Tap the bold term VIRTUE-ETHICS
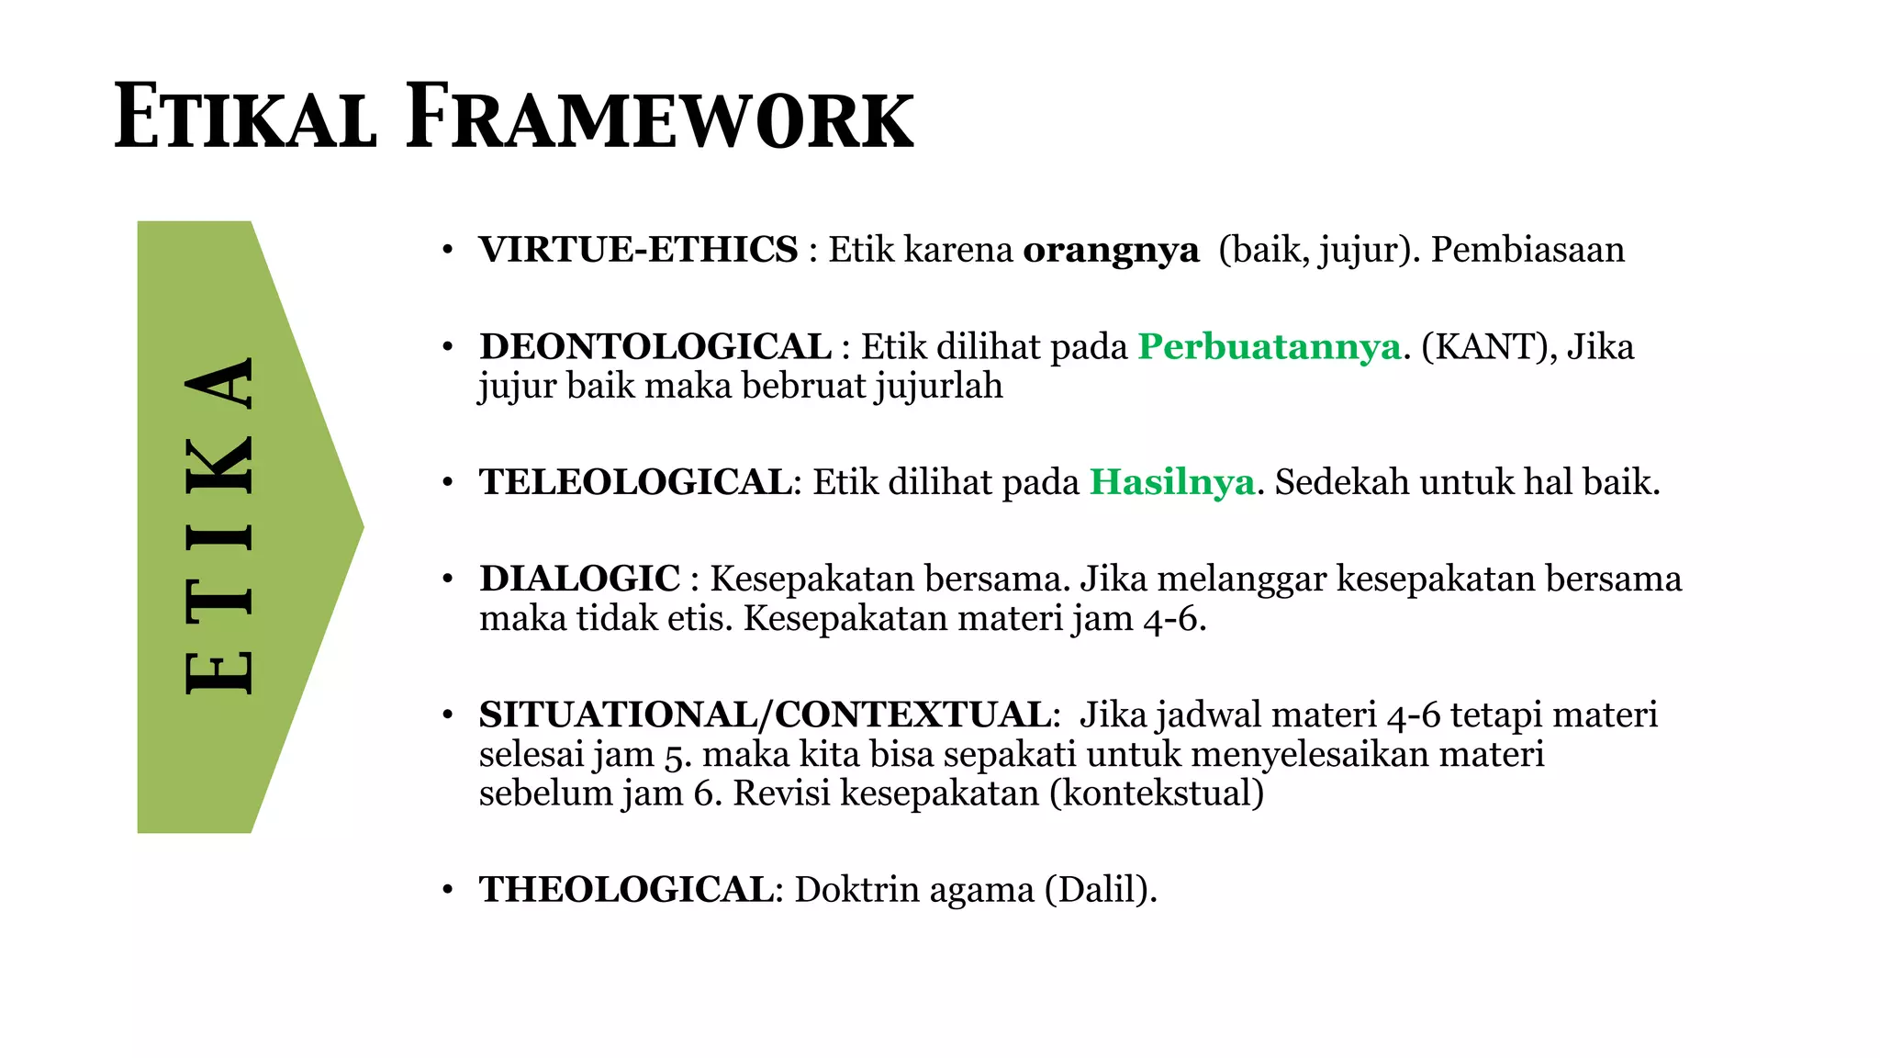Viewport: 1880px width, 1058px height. [638, 250]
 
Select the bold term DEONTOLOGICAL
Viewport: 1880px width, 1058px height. [655, 347]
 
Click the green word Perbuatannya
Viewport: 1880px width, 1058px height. [1270, 347]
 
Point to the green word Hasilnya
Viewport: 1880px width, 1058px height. [1171, 482]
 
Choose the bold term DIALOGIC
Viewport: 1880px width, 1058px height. [579, 579]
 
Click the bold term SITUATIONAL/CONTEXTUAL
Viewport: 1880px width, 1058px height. [765, 715]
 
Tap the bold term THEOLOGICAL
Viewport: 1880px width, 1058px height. [626, 890]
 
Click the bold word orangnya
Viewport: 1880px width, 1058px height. [1111, 250]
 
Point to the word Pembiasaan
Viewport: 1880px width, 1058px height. [1527, 250]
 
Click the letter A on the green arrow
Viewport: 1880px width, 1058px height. [218, 382]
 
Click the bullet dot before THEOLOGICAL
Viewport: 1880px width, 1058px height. [447, 891]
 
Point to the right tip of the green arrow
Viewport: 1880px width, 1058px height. [362, 527]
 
